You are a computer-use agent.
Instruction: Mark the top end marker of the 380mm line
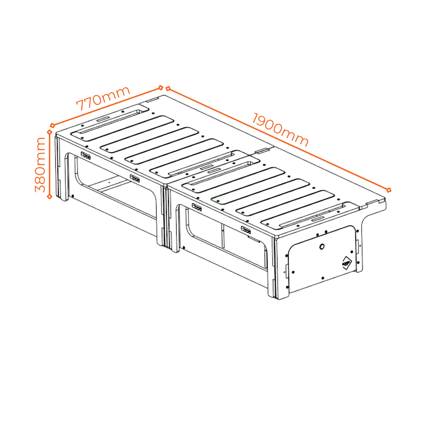tap(50, 132)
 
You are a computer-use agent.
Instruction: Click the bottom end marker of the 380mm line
tap(50, 197)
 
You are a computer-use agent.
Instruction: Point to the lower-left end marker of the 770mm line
tap(52, 125)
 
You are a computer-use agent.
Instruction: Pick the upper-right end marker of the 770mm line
tap(161, 87)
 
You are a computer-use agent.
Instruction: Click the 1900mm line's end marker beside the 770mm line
tap(168, 88)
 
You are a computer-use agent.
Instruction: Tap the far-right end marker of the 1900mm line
tap(389, 190)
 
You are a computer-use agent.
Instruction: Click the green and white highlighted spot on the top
tap(219, 198)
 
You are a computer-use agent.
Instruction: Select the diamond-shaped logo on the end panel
tap(347, 263)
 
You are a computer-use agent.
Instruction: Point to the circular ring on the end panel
tap(321, 247)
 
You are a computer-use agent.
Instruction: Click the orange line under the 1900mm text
tap(278, 139)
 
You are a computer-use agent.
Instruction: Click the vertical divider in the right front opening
tap(222, 236)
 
